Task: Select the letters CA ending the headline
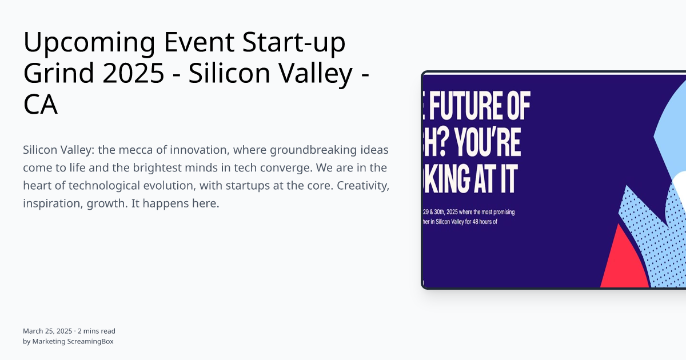tap(41, 105)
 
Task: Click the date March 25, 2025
tap(47, 331)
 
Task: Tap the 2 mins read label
tap(97, 331)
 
